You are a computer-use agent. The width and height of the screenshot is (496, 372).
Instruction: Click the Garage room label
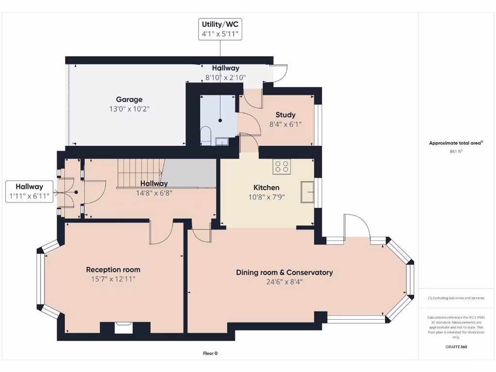pos(129,99)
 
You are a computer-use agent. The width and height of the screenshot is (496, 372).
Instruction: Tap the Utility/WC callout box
pos(220,29)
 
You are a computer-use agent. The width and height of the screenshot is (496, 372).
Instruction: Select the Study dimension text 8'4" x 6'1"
pos(285,124)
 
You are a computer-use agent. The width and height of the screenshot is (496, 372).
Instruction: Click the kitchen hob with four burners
pos(282,167)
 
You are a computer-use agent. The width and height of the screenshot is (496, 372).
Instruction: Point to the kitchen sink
pos(307,192)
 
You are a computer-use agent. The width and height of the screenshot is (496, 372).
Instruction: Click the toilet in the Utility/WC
pos(205,136)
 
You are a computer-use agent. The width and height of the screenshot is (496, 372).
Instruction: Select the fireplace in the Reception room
pos(124,328)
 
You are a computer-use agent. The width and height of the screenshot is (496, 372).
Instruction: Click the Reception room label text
pos(113,270)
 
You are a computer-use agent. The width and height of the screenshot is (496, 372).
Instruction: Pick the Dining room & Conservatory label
pos(284,272)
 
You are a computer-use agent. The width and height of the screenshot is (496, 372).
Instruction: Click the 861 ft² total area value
pos(456,152)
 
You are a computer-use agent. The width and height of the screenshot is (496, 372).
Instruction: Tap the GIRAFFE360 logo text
pos(456,347)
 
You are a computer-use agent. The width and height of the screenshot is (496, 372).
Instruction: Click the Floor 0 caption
pos(210,353)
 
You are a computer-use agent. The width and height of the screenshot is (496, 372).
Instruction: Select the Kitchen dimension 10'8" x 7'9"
pos(266,197)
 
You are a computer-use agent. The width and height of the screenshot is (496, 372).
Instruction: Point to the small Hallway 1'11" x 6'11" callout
pos(29,191)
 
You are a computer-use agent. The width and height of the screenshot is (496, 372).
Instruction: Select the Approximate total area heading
pos(456,143)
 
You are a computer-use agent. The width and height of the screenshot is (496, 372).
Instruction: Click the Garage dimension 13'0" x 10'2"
pos(129,109)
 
